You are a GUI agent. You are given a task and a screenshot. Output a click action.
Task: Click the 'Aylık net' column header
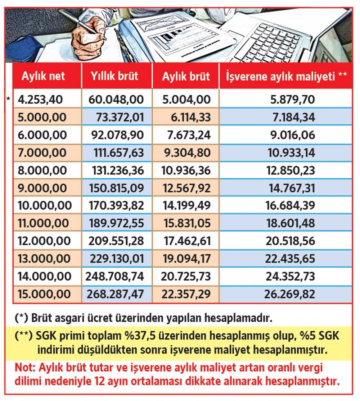43,76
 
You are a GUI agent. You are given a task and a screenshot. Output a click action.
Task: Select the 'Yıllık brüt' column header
114,76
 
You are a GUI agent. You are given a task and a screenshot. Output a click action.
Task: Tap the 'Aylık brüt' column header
186,76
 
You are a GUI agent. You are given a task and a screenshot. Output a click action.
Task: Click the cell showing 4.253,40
40,100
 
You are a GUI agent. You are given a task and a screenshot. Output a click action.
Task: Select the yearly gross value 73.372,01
120,117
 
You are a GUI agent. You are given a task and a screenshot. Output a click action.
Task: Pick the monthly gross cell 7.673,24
189,135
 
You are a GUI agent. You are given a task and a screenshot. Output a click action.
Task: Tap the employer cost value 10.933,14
291,153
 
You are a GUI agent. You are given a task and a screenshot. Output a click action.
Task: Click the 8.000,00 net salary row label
42,170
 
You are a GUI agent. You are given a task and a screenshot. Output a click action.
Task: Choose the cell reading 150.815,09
116,188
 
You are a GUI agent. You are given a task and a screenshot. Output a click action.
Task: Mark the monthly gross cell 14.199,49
186,205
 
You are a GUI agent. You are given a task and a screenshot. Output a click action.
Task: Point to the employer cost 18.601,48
291,223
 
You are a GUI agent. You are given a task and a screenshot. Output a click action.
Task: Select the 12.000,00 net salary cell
44,241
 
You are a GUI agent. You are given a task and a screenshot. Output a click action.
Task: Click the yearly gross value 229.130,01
117,259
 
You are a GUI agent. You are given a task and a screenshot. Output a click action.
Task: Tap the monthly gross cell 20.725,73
186,277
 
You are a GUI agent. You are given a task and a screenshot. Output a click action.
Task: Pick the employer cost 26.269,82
289,294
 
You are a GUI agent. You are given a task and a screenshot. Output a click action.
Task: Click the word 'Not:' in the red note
25,368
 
